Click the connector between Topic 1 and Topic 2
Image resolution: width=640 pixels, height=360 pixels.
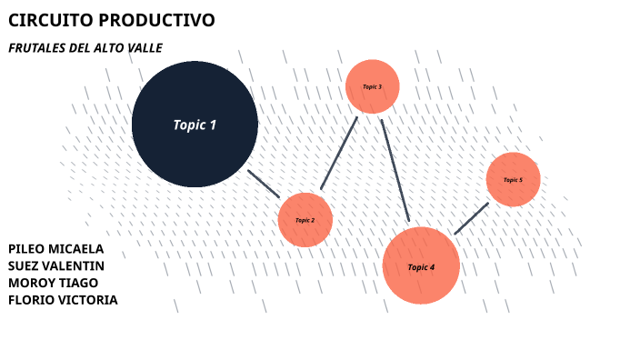point(264,184)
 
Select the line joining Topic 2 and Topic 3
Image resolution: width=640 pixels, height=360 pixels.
point(339,153)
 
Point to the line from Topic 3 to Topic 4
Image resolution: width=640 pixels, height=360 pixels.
point(395,170)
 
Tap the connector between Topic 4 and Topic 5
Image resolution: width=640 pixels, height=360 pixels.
point(471,218)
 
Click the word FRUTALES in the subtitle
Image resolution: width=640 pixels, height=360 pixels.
point(35,47)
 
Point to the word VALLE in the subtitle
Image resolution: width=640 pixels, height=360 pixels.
point(144,47)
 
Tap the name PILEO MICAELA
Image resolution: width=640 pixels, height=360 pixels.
point(55,248)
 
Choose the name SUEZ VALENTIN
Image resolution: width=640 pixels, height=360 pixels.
point(55,265)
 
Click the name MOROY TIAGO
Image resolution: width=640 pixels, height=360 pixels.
point(53,283)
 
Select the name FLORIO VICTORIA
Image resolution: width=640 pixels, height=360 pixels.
point(62,300)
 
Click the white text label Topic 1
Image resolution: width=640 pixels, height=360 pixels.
point(195,125)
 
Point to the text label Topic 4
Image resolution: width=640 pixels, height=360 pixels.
point(421,267)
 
